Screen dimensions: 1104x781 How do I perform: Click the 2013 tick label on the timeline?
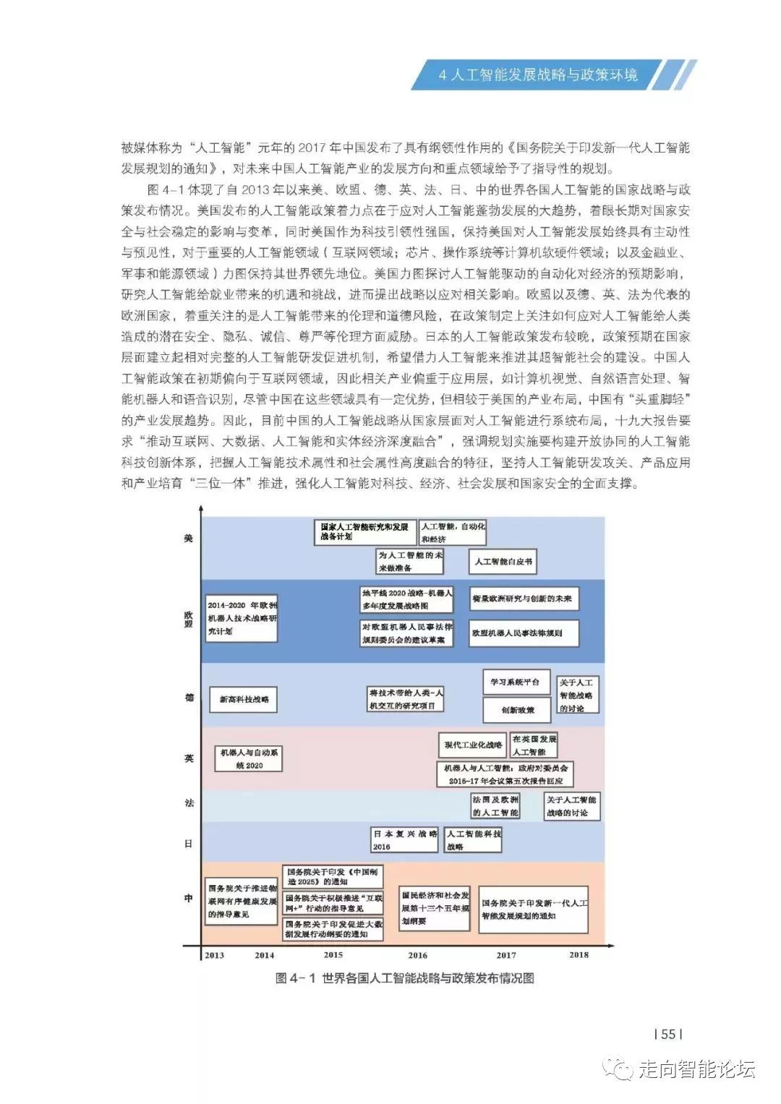coord(215,955)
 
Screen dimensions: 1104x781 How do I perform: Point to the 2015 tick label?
coord(333,954)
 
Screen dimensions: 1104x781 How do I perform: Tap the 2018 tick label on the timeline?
coord(579,954)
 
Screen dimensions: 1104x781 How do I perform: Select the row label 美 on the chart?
coord(189,539)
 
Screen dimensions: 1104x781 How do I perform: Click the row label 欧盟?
coord(189,620)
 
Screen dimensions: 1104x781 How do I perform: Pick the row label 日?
coord(189,843)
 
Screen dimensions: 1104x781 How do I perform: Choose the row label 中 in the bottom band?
coord(189,898)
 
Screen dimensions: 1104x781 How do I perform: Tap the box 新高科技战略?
coord(244,699)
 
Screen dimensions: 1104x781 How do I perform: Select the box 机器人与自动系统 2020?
coord(249,759)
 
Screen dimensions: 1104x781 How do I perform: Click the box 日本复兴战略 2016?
coord(405,839)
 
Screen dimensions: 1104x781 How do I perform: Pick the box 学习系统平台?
coord(516,682)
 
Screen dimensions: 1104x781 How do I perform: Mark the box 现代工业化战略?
coord(473,745)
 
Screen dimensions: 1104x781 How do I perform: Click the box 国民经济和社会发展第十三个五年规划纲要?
coord(435,908)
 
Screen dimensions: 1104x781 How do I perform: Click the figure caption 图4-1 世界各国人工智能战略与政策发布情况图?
coord(405,979)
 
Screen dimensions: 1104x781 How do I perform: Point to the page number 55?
coord(668,1034)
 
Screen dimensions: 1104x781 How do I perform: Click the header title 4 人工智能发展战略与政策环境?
coord(538,75)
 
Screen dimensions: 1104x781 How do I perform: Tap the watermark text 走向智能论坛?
coord(696,1069)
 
